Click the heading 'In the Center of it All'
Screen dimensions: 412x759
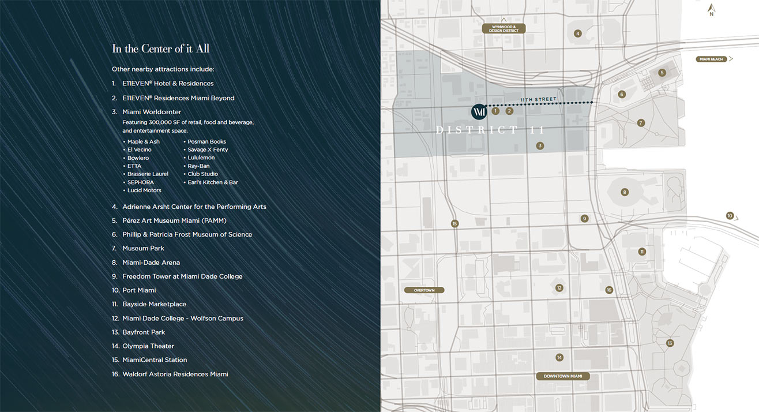coord(160,48)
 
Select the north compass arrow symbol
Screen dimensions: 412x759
coord(712,10)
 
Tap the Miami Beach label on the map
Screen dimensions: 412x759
coord(711,59)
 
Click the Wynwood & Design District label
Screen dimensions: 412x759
coord(504,28)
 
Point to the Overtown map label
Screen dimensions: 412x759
coord(424,290)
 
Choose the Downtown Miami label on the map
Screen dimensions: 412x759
coord(563,376)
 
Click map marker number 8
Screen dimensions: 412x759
coord(624,192)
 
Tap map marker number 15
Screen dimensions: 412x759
coord(454,223)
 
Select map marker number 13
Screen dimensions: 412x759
coord(670,343)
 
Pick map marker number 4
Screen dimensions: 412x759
coord(577,33)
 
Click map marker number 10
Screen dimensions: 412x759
coord(730,216)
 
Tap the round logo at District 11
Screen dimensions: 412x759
coord(479,111)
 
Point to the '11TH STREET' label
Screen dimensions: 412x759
coord(539,100)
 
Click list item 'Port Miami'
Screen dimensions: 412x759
coord(139,290)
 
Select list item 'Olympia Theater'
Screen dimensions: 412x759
coord(148,346)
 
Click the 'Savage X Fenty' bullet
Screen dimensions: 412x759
coord(208,149)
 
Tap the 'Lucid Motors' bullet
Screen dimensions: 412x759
coord(144,190)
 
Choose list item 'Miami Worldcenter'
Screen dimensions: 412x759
coord(151,112)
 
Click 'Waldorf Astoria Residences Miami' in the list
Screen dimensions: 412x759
coord(175,374)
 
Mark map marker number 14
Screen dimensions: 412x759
coord(559,358)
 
